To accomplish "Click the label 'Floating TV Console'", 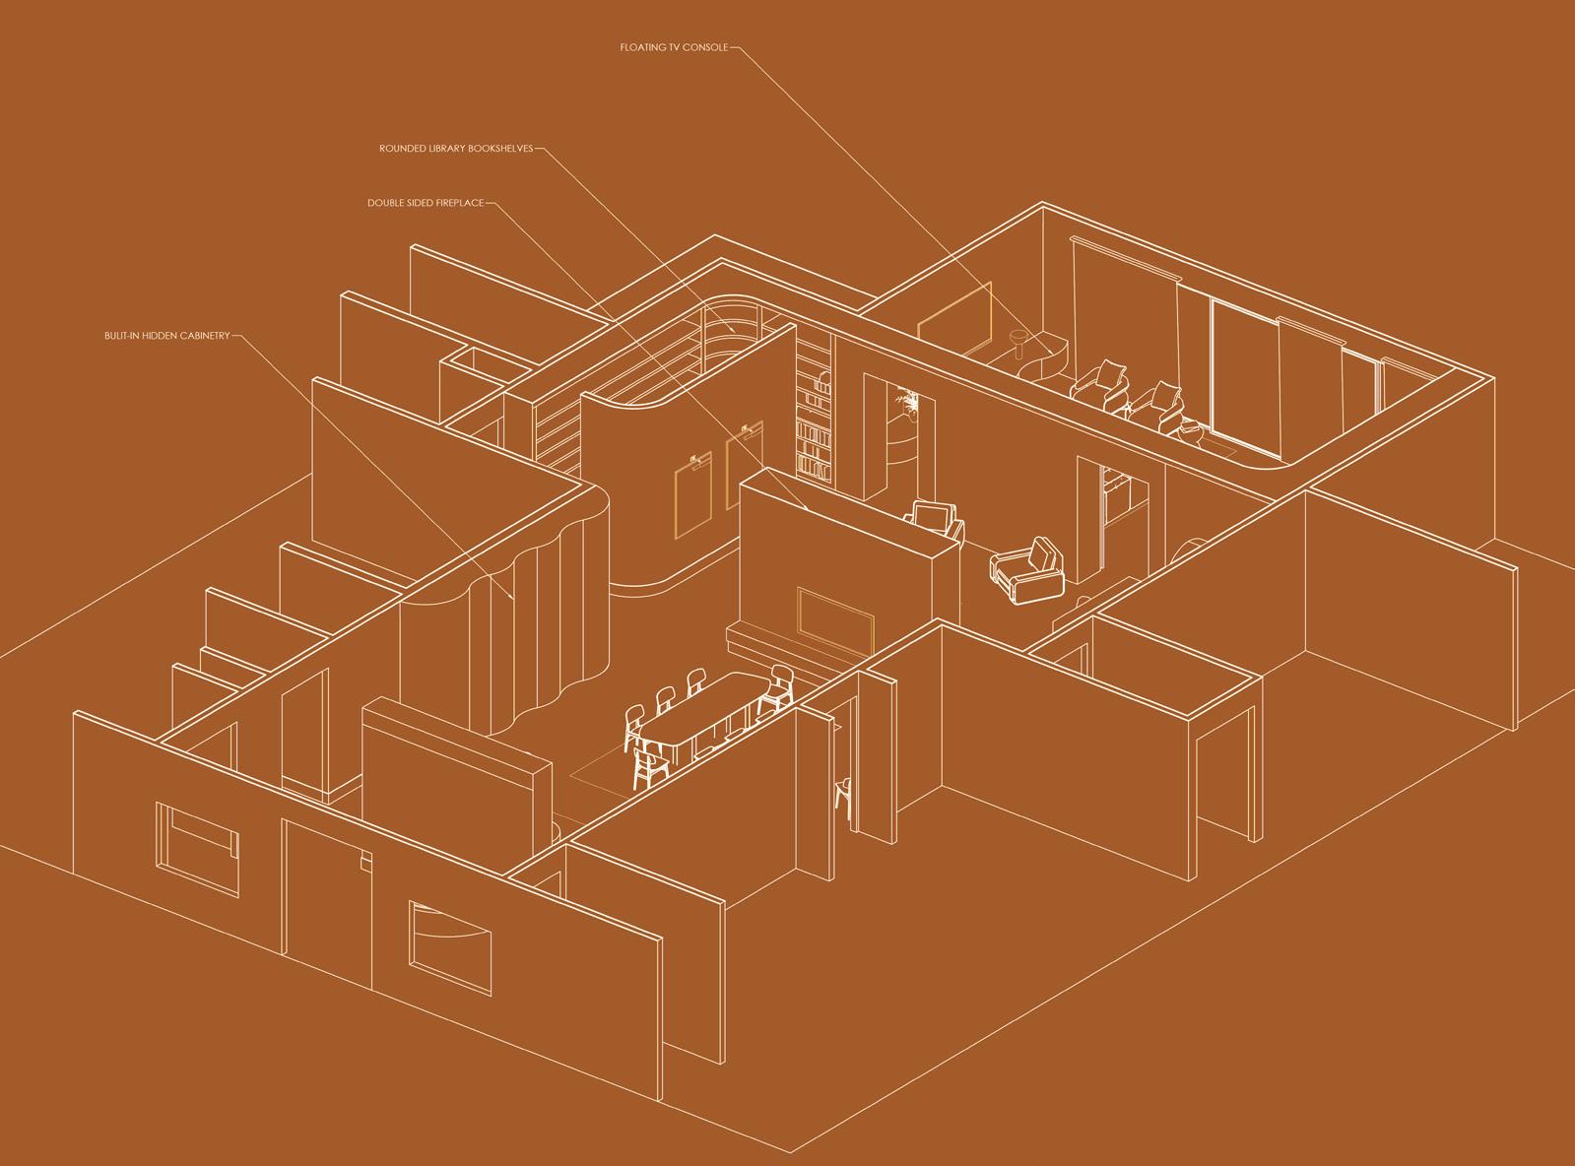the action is click(674, 47).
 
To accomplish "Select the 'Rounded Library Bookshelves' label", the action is click(456, 149).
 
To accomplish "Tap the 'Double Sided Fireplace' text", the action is click(426, 203).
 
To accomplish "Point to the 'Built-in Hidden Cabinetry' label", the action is click(166, 336).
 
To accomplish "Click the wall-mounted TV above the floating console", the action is click(953, 318).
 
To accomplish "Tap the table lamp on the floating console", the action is click(1020, 346).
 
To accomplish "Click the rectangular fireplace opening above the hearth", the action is click(835, 620).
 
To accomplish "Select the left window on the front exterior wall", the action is click(198, 848).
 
